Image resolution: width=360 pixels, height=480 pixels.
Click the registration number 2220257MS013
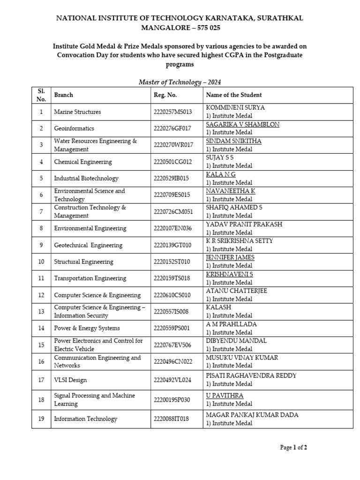173,112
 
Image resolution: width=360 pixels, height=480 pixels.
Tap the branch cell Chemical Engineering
83,162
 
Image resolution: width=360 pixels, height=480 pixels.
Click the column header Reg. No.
165,95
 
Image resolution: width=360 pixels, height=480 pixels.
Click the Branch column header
64,95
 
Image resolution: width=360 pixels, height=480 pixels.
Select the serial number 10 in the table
41,262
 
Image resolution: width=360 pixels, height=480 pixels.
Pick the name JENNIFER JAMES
230,257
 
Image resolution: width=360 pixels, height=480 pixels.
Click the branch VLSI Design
70,380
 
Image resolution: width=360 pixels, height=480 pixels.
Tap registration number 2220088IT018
172,419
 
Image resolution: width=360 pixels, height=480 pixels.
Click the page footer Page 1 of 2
293,448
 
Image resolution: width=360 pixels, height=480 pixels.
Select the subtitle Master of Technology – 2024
180,82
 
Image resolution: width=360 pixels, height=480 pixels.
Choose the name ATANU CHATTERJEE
236,291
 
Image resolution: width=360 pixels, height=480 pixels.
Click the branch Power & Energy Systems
87,328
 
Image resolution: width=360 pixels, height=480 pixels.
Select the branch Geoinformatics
74,128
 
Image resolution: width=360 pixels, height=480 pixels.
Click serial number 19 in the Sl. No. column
41,419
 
